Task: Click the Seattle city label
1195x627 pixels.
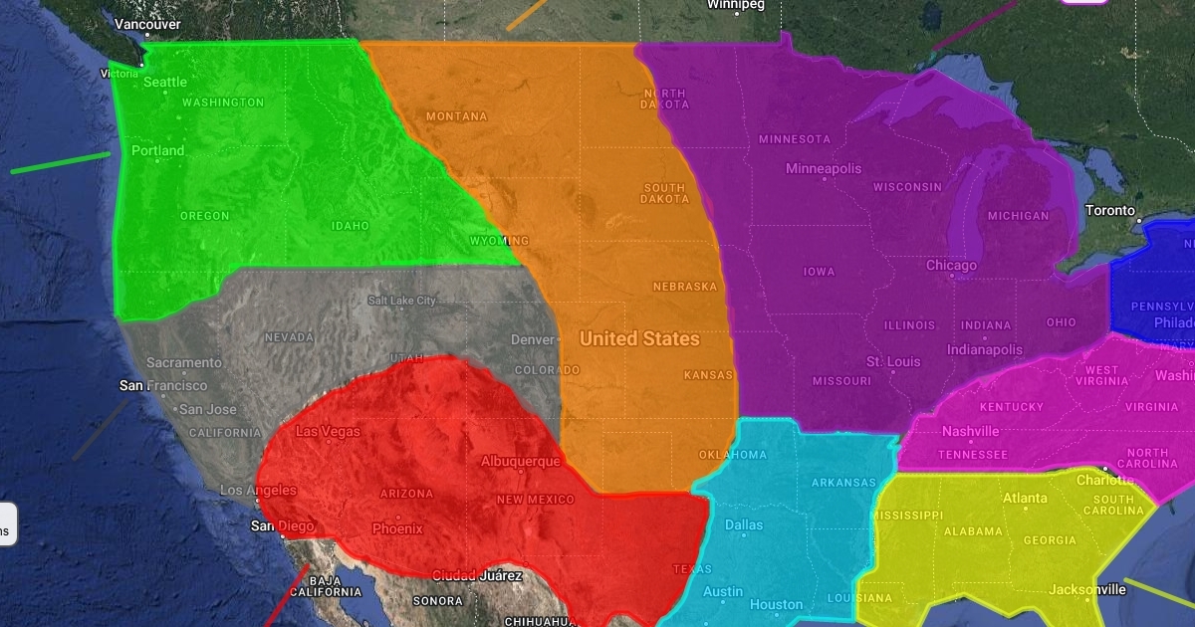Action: pos(165,82)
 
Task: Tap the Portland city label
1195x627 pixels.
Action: pos(158,151)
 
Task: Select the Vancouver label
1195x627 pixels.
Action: pos(147,24)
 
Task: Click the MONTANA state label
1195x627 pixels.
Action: pos(457,116)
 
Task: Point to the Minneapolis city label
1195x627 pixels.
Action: pos(824,168)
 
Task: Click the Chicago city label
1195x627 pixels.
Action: pos(951,266)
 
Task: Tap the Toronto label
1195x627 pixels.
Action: pos(1109,211)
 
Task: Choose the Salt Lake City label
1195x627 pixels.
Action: pos(402,301)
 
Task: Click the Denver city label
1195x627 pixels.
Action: pos(533,339)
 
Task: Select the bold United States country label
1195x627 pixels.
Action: pos(639,338)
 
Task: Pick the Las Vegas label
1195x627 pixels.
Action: pos(329,432)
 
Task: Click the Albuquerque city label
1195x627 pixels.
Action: pos(521,462)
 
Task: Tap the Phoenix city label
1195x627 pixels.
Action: pos(397,528)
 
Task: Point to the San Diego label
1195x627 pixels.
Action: pos(283,525)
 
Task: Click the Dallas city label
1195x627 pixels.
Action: pos(744,524)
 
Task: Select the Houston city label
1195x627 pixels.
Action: pos(776,604)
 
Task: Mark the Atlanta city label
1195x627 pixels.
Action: pos(1025,498)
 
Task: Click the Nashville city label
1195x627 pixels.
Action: pos(971,431)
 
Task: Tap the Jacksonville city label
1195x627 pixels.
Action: pos(1086,589)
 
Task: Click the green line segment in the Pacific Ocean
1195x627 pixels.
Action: pos(60,162)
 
